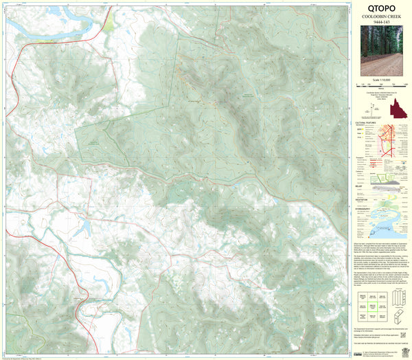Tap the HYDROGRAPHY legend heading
(x=365, y=204)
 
